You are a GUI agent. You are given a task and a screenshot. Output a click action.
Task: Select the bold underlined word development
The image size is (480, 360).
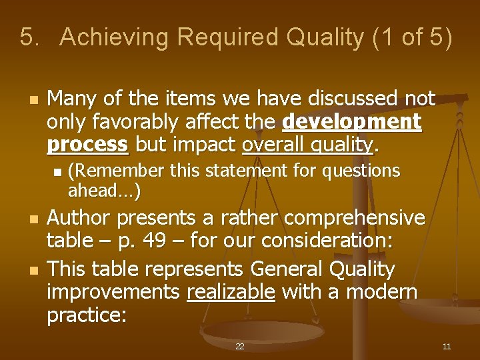coord(352,122)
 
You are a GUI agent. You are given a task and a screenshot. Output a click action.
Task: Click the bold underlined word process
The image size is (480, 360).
coord(87,145)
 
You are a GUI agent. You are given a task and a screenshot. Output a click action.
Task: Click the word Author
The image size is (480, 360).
coord(79,218)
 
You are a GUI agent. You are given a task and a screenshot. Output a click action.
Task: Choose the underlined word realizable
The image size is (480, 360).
coord(231,291)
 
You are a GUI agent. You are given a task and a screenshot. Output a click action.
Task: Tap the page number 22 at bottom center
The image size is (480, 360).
coord(240,347)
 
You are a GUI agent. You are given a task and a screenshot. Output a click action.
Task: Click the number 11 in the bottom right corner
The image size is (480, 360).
coord(447,347)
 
